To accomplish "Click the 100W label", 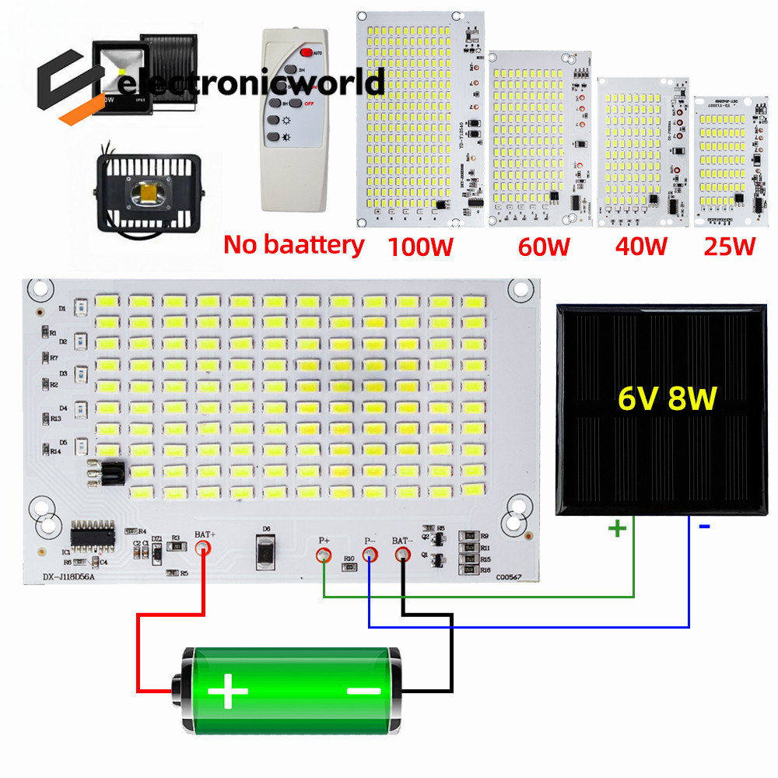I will [x=421, y=247].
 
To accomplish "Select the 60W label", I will [x=544, y=247].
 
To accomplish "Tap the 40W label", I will [x=641, y=247].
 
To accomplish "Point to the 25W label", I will [x=729, y=247].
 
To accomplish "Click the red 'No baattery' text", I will [x=294, y=244].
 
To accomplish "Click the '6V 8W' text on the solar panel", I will [x=667, y=398].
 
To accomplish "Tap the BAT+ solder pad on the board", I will [x=204, y=548].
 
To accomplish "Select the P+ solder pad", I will [x=324, y=555].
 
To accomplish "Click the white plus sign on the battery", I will [x=228, y=690].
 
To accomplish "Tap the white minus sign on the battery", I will [x=363, y=690].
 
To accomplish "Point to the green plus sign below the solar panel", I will [x=616, y=529].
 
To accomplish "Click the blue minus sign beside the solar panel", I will [x=705, y=527].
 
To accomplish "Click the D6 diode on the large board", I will [x=265, y=551].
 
